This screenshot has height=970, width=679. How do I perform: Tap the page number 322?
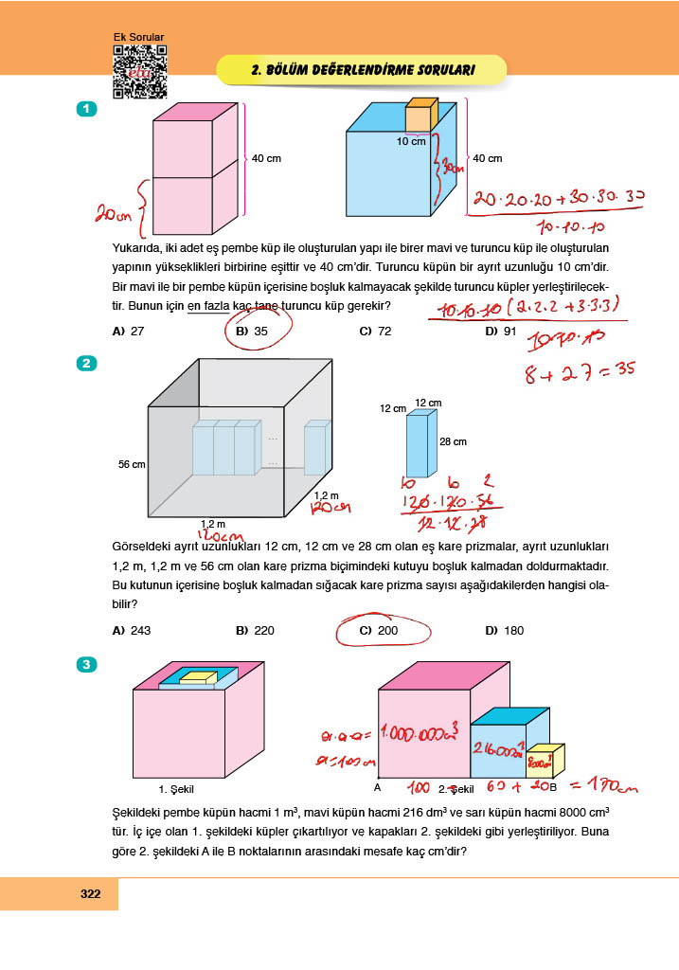tap(91, 894)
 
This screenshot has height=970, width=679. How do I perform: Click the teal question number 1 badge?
tap(87, 110)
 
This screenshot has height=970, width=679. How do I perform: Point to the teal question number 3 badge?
tap(87, 665)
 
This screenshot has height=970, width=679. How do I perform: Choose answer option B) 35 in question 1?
tap(252, 332)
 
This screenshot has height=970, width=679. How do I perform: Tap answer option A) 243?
tap(131, 631)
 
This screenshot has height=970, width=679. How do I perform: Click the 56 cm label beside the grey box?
tap(131, 464)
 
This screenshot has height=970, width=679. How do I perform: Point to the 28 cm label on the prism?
tap(453, 441)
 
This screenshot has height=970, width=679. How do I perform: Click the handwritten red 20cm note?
tap(113, 215)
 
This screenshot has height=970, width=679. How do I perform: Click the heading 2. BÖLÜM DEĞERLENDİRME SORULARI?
tap(363, 69)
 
